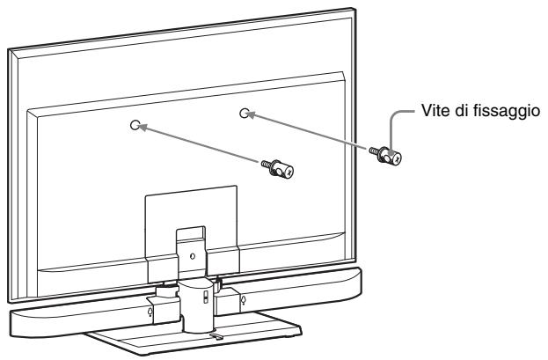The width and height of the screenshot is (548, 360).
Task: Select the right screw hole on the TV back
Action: coord(246,114)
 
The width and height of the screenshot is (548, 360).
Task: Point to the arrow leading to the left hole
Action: coord(202,145)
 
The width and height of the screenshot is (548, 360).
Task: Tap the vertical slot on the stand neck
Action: coord(204,295)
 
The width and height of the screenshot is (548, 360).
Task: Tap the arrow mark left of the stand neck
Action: coord(151,309)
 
